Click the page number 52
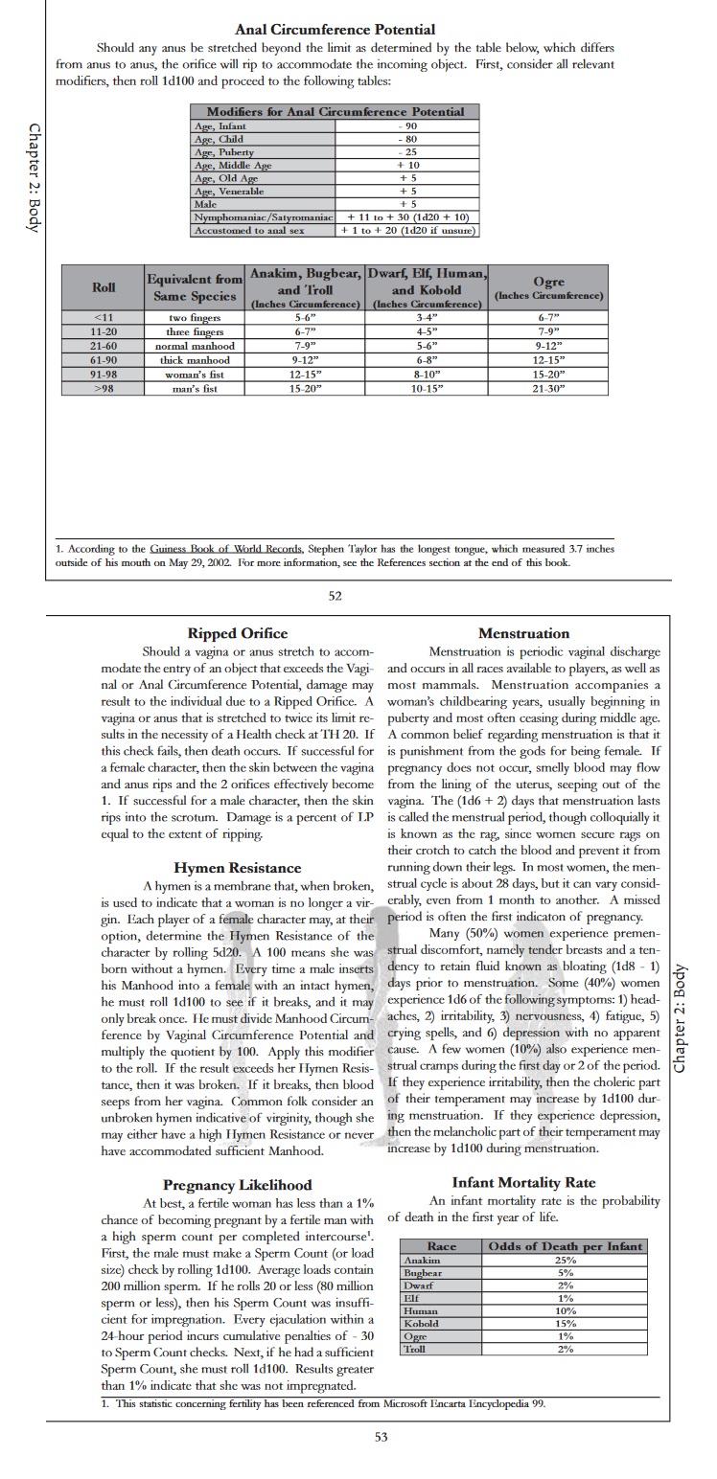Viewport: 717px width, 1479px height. [335, 596]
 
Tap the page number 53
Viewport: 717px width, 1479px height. [382, 1436]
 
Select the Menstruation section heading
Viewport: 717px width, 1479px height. [523, 633]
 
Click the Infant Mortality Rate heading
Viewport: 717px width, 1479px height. [523, 1183]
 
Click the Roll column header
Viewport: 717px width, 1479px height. [104, 286]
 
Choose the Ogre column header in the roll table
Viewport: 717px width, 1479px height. [548, 286]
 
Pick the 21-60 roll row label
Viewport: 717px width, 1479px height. [104, 346]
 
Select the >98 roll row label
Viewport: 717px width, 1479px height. [104, 389]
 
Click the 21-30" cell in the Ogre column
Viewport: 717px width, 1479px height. [548, 389]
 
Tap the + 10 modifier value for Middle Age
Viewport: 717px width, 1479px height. [407, 165]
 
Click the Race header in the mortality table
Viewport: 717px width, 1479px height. [442, 1246]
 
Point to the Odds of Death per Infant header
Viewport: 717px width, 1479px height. [565, 1246]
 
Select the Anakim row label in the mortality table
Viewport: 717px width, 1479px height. [415, 1261]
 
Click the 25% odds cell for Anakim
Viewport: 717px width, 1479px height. [565, 1261]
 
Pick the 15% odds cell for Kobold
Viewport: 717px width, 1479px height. [565, 1323]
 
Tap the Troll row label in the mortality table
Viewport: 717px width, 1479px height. [415, 1348]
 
